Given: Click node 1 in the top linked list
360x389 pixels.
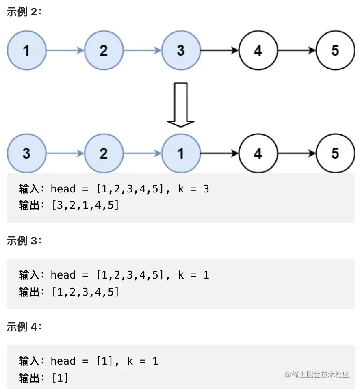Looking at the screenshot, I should [26, 50].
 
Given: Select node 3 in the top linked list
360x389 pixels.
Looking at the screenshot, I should [181, 50].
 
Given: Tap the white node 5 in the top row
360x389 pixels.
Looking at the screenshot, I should [335, 50].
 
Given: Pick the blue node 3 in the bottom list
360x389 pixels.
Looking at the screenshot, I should [26, 153].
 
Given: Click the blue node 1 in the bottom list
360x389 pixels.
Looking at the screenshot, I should [181, 153].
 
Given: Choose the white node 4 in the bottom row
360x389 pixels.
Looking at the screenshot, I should [258, 153].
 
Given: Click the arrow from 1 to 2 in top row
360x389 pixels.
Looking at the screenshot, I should [65, 50].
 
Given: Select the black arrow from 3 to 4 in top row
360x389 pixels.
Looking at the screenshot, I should [219, 50].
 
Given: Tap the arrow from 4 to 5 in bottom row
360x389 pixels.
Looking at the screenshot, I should [297, 153].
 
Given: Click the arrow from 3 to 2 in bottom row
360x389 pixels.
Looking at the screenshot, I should [65, 153].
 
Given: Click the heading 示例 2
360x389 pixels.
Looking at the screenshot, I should [24, 12].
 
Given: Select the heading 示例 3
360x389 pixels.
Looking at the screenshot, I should [24, 241].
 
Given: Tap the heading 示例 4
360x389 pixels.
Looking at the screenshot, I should [24, 327].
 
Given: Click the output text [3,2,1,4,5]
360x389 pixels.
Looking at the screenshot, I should [85, 205].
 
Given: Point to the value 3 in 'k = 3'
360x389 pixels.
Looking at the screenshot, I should [206, 189].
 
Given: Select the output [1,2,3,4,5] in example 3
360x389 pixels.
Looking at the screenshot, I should [85, 292].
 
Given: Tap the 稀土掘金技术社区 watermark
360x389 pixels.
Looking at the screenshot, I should [317, 375].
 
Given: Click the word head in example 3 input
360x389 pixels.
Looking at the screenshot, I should [63, 275].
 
